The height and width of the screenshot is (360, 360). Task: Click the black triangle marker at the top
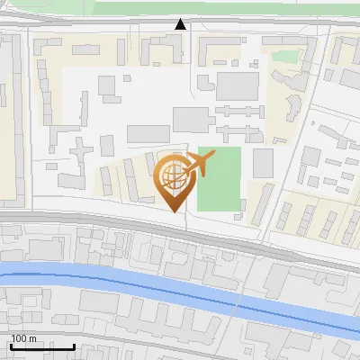pyautogui.click(x=181, y=24)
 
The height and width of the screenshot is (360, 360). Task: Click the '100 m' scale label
pyautogui.click(x=23, y=337)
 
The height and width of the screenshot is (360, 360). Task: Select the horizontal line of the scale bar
pyautogui.click(x=42, y=346)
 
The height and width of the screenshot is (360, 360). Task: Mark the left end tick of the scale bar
pyautogui.click(x=11, y=345)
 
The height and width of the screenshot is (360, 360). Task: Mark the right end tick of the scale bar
pyautogui.click(x=75, y=345)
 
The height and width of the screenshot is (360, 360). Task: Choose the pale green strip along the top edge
pyautogui.click(x=225, y=8)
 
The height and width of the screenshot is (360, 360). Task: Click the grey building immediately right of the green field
pyautogui.click(x=263, y=163)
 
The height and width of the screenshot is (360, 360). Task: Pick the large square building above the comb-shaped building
pyautogui.click(x=238, y=85)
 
